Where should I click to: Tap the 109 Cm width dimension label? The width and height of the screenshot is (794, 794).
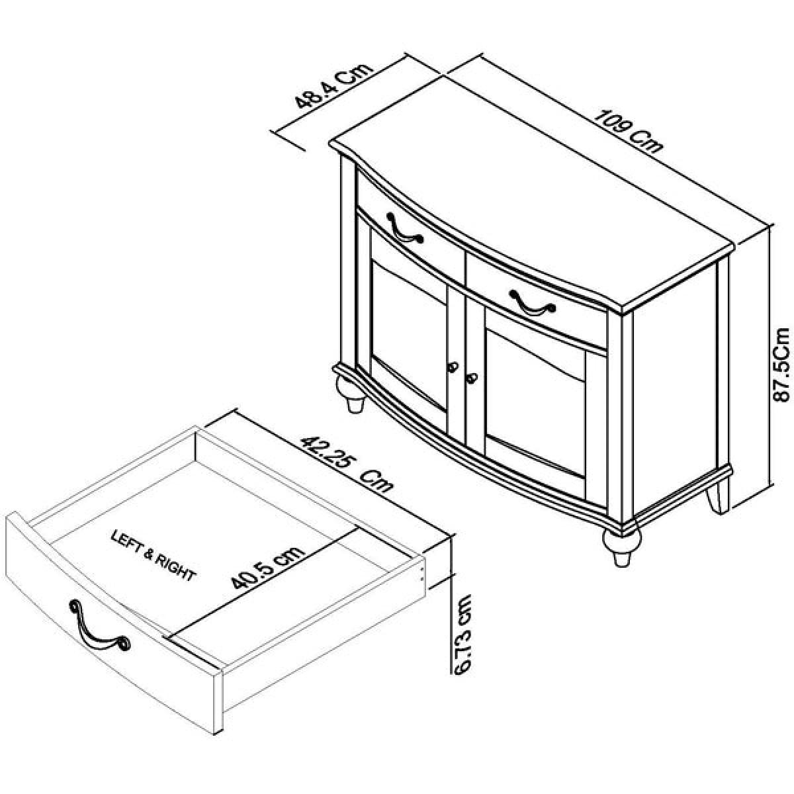[x=628, y=130]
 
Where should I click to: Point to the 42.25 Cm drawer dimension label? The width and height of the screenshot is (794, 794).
[x=347, y=464]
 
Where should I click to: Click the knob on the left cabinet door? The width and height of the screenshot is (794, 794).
[x=453, y=367]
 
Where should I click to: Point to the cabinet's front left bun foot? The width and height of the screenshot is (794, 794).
[x=351, y=393]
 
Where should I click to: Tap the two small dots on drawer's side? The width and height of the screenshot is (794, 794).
[x=421, y=573]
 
